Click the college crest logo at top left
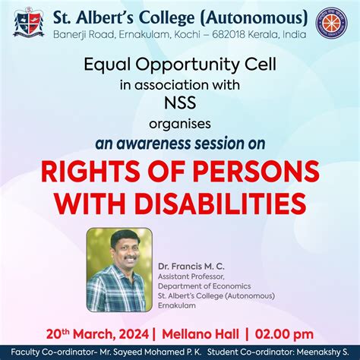[28, 24]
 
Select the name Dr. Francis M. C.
[191, 267]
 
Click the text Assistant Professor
[190, 278]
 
